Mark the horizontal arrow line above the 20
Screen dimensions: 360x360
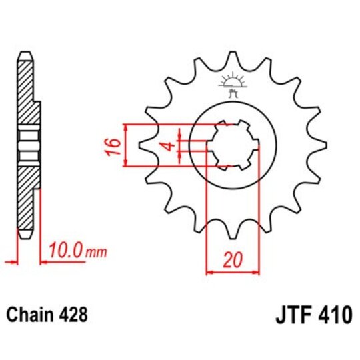coord(232,271)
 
